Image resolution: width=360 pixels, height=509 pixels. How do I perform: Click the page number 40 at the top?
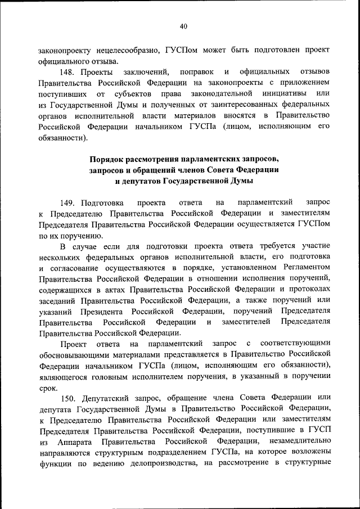pos(183,26)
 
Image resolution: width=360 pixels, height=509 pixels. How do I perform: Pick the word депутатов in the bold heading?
pos(138,181)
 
